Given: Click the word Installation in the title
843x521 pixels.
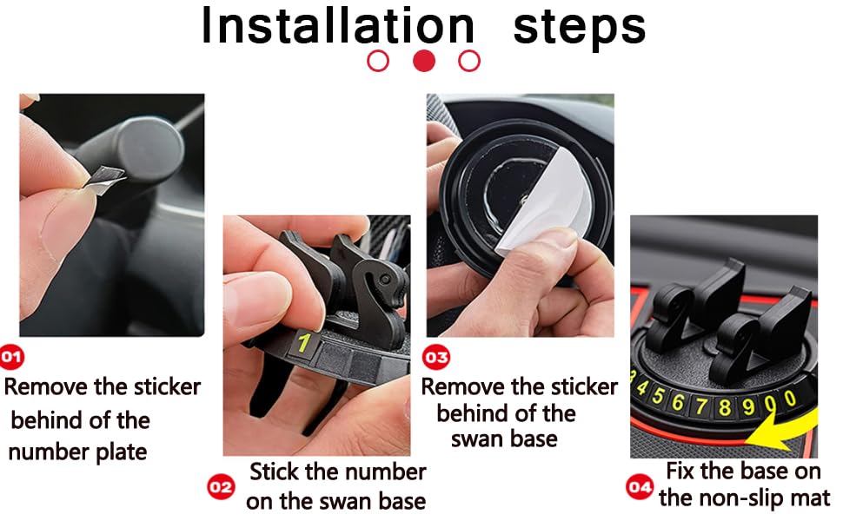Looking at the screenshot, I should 337,26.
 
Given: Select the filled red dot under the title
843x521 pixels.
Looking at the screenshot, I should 424,62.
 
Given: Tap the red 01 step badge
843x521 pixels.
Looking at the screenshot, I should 13,356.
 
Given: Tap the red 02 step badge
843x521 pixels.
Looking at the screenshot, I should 221,487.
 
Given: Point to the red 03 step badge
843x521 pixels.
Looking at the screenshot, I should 435,357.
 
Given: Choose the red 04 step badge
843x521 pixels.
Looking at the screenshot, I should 640,487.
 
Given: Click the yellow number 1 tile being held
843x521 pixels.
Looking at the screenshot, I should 303,344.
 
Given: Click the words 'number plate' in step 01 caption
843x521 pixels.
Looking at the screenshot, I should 77,452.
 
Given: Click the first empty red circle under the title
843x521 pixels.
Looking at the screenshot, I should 378,62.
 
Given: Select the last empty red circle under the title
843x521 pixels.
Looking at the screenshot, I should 469,62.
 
